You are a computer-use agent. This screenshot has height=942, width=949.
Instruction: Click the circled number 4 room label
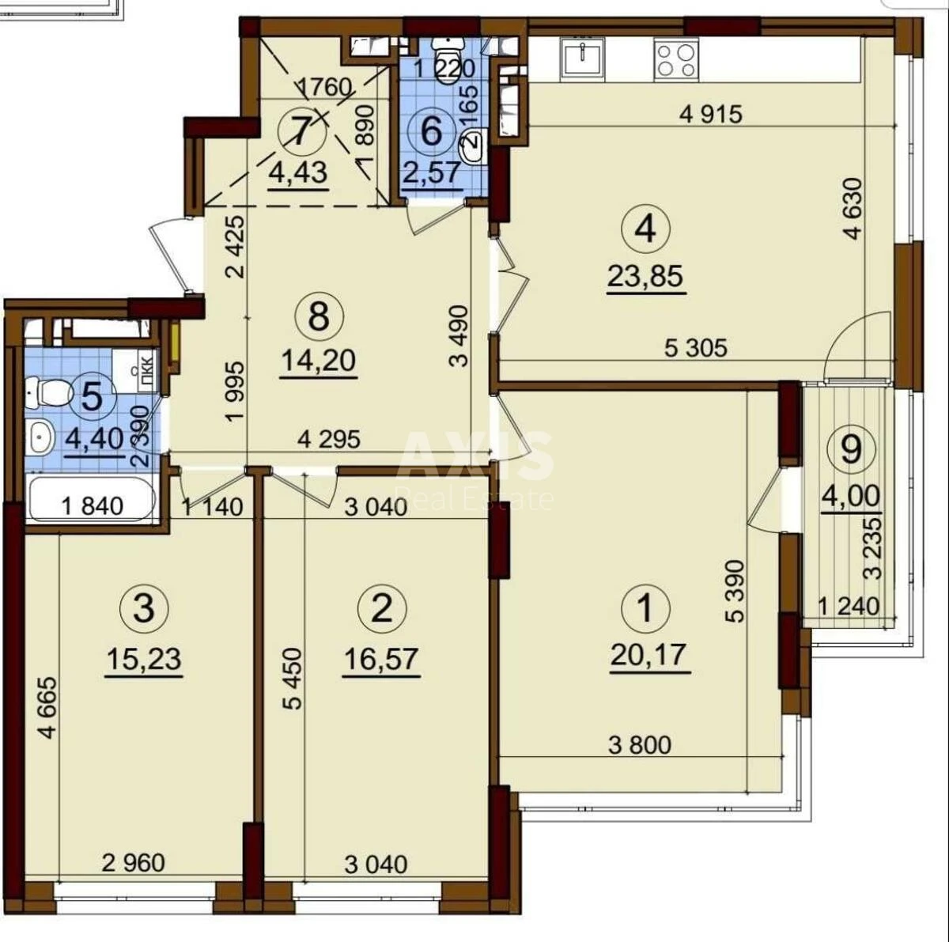645,229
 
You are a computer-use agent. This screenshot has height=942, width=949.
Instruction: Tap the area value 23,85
645,276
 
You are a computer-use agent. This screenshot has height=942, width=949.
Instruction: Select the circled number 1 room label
646,608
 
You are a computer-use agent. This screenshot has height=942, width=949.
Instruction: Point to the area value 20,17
648,655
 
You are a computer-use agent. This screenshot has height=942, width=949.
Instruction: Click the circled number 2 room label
382,608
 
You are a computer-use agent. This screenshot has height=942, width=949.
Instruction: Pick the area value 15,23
143,657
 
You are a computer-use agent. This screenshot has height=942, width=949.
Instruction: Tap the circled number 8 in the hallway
318,316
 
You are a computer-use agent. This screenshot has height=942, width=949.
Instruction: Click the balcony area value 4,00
850,496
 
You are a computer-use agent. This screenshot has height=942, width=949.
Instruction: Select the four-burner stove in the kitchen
677,59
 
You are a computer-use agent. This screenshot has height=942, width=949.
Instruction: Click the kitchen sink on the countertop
583,59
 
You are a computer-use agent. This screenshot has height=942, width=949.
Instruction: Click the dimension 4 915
711,113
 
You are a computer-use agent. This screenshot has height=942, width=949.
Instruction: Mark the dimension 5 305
695,346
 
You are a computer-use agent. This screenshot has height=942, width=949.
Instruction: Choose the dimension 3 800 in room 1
640,743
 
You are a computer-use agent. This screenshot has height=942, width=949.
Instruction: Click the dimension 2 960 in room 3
134,862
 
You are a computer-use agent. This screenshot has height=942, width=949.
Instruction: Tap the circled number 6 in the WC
432,130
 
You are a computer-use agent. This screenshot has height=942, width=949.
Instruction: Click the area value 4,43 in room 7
298,171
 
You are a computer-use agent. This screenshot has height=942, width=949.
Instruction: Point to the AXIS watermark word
475,456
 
